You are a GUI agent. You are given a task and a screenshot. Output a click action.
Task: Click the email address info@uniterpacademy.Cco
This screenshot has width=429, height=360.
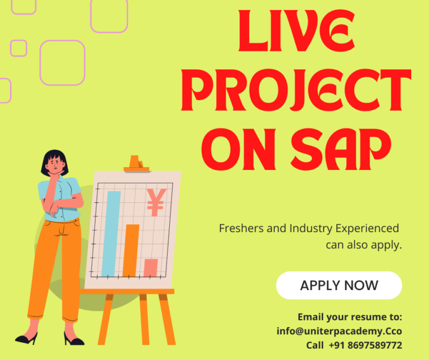click(339, 331)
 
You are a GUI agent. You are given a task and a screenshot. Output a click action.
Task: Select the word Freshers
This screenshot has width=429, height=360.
click(241, 229)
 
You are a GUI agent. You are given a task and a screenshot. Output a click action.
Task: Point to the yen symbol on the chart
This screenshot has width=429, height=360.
click(156, 202)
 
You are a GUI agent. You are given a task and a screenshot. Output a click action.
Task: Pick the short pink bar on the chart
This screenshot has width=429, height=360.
click(150, 268)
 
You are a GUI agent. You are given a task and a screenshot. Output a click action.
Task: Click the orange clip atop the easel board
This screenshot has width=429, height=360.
click(134, 163)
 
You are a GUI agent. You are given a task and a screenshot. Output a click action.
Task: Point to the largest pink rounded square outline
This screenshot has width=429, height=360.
click(63, 63)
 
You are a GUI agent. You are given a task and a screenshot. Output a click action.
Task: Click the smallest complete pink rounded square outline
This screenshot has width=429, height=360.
click(19, 48)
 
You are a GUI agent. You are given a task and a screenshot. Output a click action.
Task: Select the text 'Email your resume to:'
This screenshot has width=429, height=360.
click(350, 317)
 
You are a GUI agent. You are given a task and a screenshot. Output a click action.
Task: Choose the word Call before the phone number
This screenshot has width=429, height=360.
click(315, 345)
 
